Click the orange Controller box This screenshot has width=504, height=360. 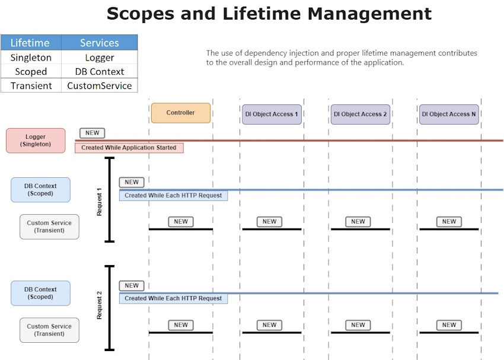(180, 113)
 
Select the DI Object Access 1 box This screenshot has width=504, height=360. (272, 114)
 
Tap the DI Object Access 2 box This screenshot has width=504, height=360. (360, 114)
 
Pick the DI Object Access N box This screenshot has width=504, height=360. (449, 114)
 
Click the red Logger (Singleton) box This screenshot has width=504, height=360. (36, 141)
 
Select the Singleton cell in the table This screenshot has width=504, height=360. (31, 58)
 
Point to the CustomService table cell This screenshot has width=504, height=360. (100, 85)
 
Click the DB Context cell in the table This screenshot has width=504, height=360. (100, 72)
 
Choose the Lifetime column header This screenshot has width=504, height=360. (31, 43)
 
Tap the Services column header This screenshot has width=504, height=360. (100, 43)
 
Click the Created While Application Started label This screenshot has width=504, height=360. (129, 148)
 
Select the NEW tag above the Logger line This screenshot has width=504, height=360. (92, 133)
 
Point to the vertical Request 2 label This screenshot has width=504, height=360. (100, 305)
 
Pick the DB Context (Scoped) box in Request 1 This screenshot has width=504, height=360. (40, 190)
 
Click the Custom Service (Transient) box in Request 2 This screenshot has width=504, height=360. (49, 330)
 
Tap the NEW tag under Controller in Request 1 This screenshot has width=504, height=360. (181, 222)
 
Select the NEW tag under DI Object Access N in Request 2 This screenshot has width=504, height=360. (449, 325)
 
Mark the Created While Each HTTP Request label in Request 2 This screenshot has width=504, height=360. (173, 298)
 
